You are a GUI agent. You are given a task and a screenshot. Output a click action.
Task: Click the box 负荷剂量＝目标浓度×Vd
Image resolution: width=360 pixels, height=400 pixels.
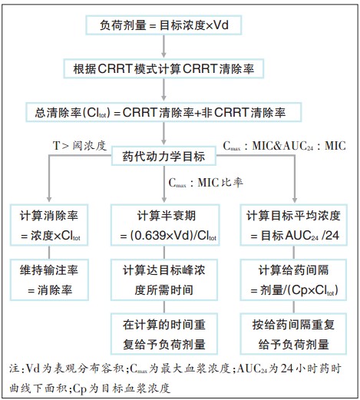click(163, 25)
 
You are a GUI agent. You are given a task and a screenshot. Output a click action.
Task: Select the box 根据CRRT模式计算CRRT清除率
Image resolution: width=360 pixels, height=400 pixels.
click(163, 68)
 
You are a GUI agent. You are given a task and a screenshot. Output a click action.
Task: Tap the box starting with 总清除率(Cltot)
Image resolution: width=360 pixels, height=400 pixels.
click(163, 112)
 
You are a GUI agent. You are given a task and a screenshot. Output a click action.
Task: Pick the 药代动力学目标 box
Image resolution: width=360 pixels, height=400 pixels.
click(163, 156)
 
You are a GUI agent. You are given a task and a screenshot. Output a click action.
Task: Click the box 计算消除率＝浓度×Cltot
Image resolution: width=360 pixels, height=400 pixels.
click(49, 225)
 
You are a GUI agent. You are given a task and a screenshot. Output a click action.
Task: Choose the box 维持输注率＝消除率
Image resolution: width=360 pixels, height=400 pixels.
click(49, 279)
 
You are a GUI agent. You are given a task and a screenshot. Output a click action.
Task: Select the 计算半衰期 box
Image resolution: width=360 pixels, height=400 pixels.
click(165, 225)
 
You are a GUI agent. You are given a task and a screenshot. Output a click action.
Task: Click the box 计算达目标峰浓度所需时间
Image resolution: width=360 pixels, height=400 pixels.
click(164, 279)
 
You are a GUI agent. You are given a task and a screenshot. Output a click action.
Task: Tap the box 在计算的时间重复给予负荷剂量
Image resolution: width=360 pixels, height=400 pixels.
click(164, 334)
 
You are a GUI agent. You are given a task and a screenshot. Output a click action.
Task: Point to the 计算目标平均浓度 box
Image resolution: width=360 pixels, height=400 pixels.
click(293, 225)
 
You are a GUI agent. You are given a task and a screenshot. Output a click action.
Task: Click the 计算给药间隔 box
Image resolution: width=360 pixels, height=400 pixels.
click(293, 279)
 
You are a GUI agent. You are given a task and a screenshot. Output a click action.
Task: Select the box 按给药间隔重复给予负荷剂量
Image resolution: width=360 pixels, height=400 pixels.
click(293, 334)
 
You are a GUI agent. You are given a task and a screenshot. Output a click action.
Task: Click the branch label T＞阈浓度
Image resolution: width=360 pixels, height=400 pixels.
click(80, 146)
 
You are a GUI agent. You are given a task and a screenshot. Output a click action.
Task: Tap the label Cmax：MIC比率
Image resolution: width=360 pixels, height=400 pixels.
click(206, 183)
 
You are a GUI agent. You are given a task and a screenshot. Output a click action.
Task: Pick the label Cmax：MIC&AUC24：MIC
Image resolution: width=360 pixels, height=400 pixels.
click(284, 146)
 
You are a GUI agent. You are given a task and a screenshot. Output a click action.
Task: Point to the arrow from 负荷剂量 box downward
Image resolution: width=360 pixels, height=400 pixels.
click(163, 46)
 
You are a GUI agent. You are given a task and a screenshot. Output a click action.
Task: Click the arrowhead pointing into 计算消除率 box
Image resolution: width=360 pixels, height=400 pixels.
click(49, 200)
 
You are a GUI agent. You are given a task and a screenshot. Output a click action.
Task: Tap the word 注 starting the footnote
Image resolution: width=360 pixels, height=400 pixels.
click(14, 369)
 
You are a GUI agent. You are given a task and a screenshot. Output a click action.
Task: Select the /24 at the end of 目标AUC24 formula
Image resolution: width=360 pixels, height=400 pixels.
click(331, 236)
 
